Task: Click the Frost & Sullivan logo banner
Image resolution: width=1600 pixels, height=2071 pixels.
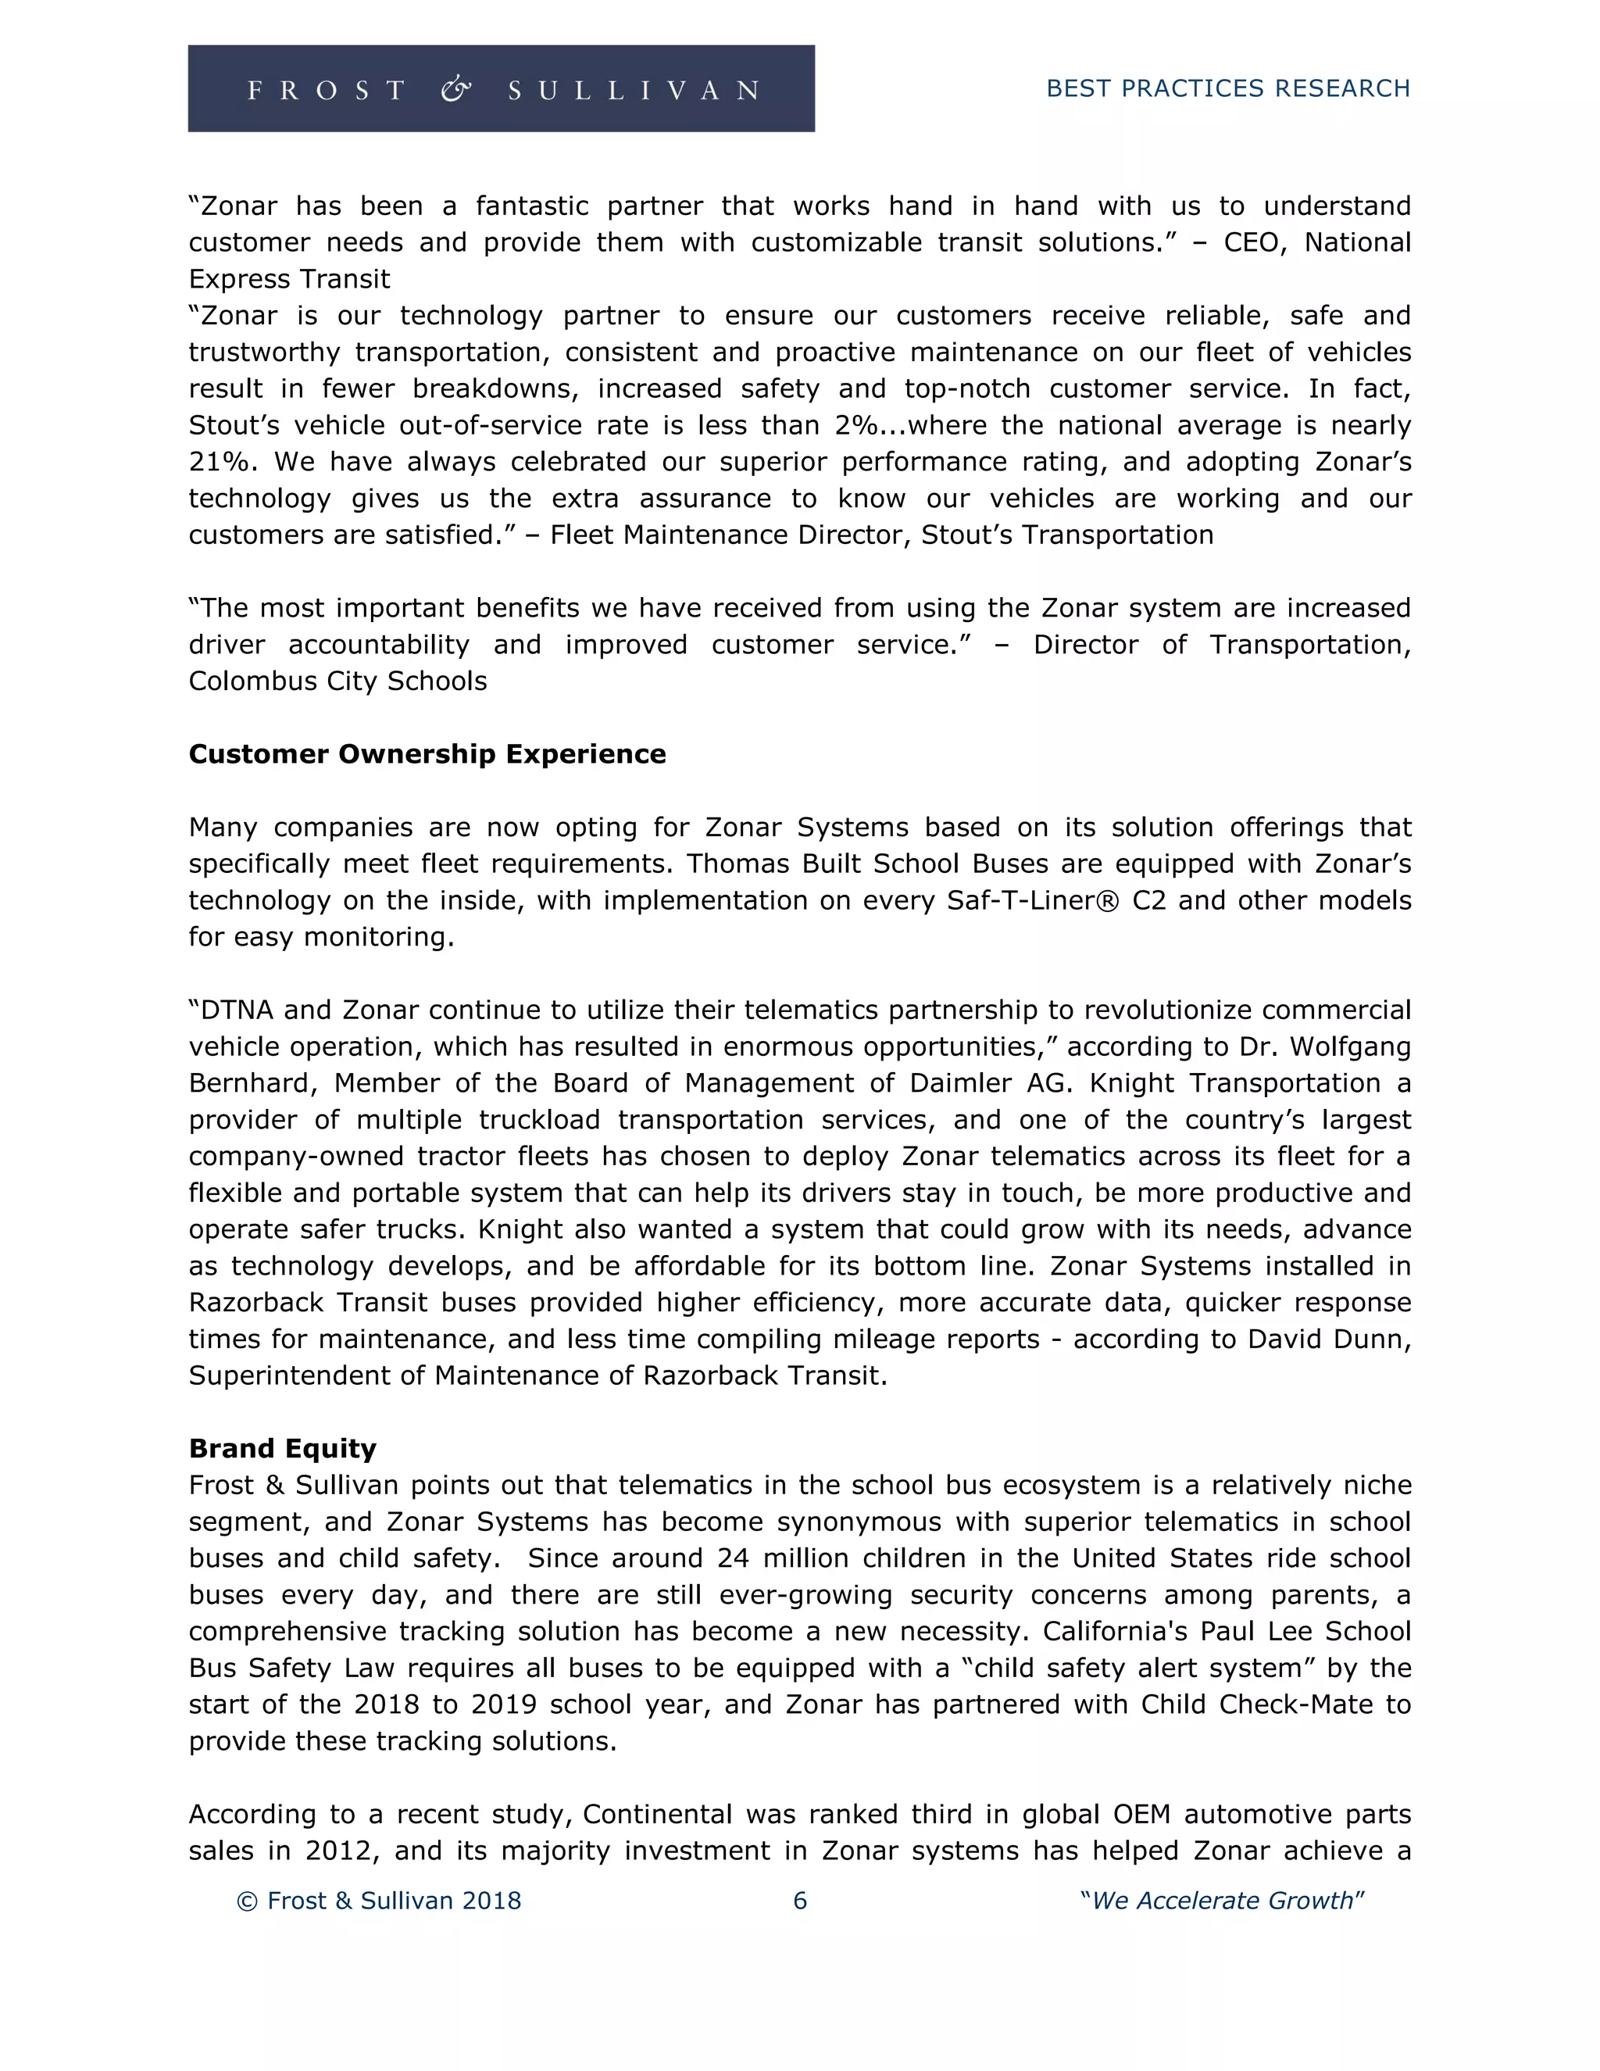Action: (501, 88)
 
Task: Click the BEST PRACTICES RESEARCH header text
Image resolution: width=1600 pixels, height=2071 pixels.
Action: (1227, 88)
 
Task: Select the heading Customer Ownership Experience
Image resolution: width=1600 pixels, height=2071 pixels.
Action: (427, 754)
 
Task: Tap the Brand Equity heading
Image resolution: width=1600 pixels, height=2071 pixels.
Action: (283, 1448)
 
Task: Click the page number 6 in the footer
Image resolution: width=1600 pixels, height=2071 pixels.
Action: (799, 1901)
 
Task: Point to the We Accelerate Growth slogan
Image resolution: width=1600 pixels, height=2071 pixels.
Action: (1222, 1901)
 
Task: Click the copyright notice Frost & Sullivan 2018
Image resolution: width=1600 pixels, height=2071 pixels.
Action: (379, 1901)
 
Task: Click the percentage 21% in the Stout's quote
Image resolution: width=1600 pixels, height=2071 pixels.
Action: (221, 462)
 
